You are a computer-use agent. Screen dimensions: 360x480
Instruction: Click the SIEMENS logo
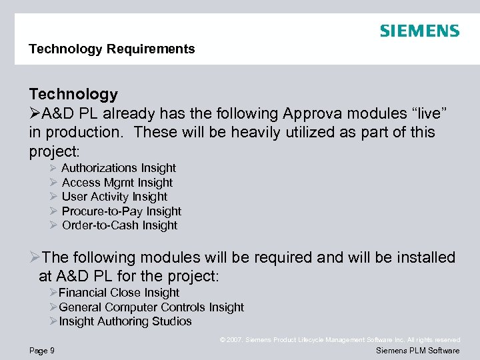click(419, 31)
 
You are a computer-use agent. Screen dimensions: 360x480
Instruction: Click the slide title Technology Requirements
click(112, 49)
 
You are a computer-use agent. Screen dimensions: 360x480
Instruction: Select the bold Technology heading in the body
click(73, 94)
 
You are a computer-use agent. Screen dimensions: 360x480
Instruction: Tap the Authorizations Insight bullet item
click(119, 168)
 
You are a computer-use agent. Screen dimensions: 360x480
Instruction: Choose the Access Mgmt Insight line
click(117, 183)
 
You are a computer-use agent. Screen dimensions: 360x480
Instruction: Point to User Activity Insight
click(115, 197)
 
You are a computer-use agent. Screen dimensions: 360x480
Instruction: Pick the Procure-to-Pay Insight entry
click(121, 211)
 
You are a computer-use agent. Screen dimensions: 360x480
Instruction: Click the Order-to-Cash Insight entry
click(119, 225)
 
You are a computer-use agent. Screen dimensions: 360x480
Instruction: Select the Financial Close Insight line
click(119, 293)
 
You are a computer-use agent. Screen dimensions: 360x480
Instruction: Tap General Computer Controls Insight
click(151, 307)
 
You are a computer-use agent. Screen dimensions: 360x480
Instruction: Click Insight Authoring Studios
click(125, 321)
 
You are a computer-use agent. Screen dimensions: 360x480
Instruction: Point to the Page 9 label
click(42, 351)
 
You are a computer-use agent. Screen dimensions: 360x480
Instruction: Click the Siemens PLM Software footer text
click(418, 351)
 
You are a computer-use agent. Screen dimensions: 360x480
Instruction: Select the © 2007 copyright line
click(340, 340)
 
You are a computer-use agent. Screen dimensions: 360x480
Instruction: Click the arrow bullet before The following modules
click(35, 257)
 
